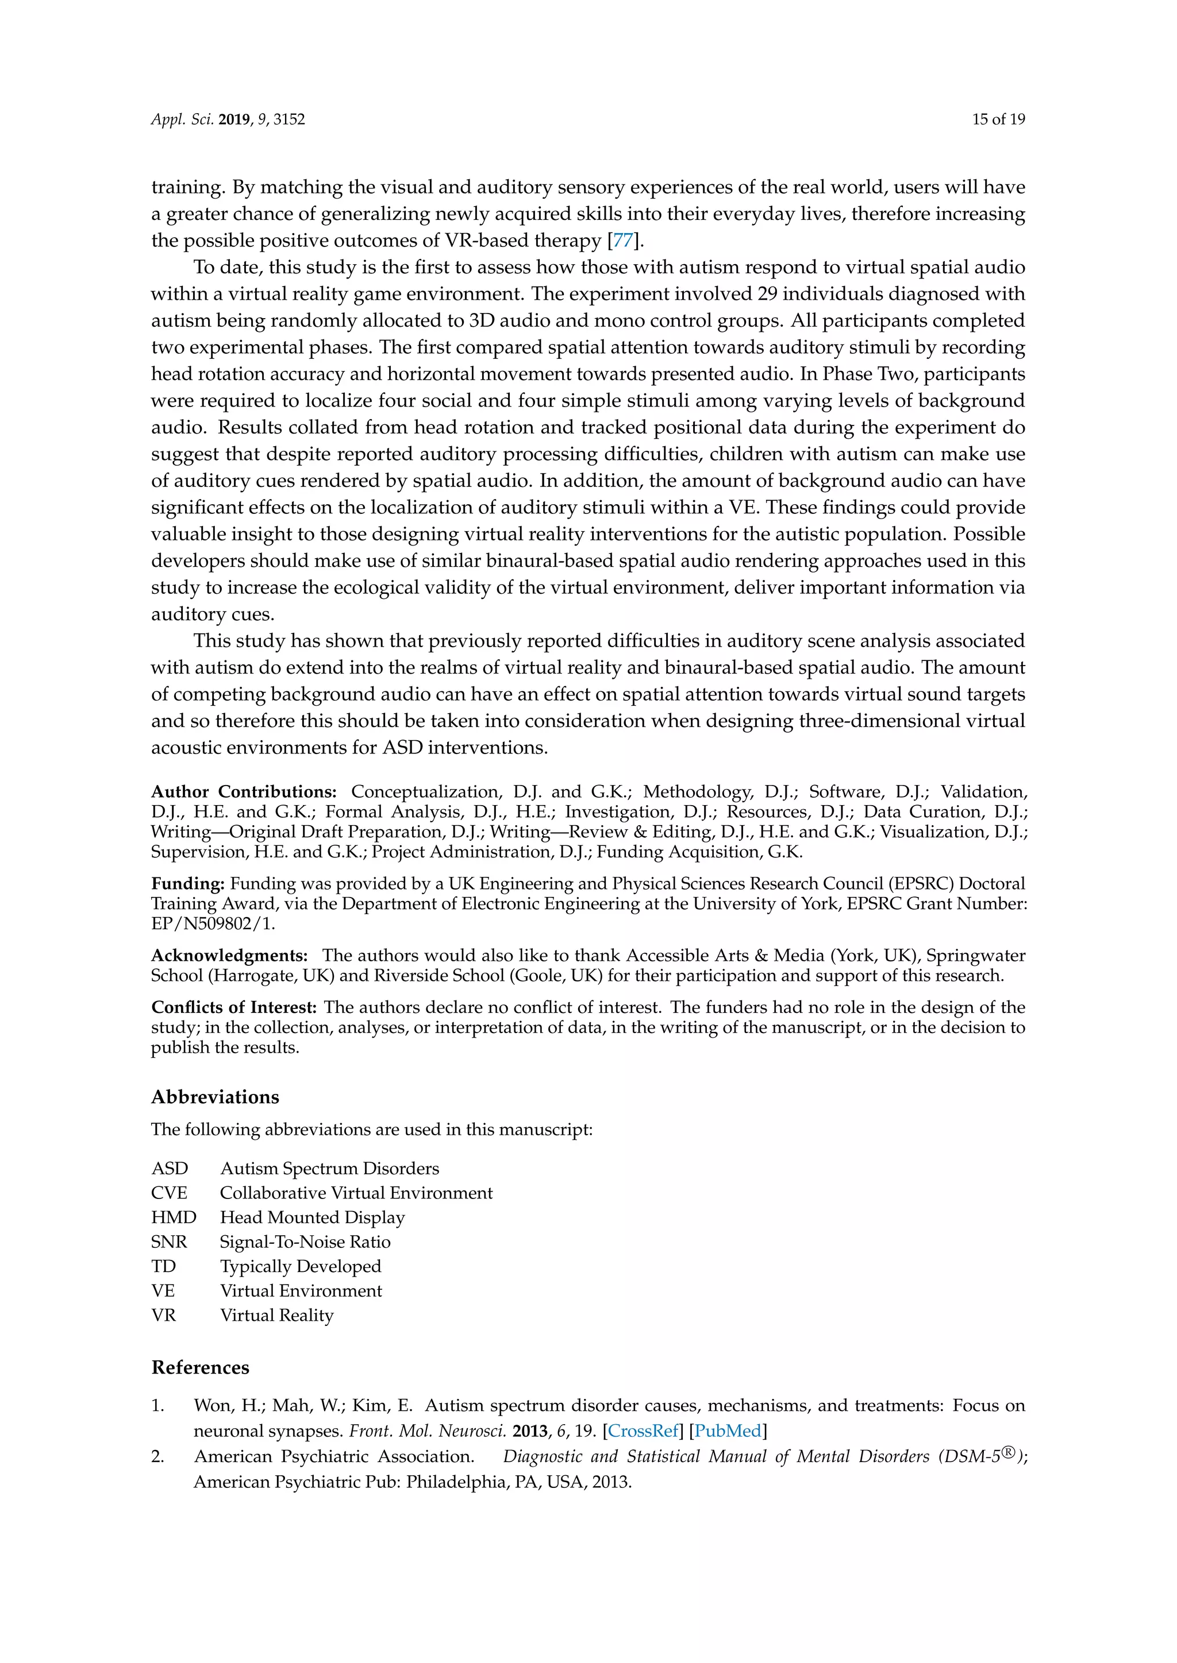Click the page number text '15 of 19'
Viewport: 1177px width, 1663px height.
998,119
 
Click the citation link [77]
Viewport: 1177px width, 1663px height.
622,241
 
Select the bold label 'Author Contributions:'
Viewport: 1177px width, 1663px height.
244,792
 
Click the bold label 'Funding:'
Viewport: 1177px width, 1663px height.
188,884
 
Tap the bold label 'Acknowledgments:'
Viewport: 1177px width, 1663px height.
229,956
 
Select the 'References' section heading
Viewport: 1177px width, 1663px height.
200,1367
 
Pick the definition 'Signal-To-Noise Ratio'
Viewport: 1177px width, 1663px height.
305,1242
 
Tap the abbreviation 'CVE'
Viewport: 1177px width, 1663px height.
169,1193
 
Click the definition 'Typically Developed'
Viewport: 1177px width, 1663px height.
300,1267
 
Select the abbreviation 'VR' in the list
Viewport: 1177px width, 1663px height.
164,1316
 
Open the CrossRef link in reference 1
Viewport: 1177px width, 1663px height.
644,1431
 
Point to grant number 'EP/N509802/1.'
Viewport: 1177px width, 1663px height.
212,923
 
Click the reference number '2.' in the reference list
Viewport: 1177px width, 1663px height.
157,1457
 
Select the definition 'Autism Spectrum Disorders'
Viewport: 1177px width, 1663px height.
329,1169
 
